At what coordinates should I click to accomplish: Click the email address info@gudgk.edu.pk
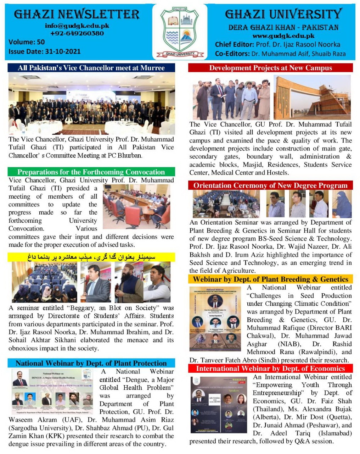(77, 26)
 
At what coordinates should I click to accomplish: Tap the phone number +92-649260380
(77, 33)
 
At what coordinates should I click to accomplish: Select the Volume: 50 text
(27, 42)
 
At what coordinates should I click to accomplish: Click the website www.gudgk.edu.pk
(283, 36)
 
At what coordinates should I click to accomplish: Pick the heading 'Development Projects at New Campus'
(270, 68)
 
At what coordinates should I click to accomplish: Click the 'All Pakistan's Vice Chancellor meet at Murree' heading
(91, 68)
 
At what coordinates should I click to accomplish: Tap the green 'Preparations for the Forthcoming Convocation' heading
(91, 172)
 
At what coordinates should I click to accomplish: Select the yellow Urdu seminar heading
(91, 257)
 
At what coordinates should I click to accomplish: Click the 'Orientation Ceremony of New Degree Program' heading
(270, 185)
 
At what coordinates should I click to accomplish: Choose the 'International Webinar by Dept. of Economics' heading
(270, 369)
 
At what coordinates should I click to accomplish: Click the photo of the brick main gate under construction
(312, 98)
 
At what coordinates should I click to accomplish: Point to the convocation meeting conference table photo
(136, 206)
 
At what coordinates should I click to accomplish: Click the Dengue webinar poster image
(52, 391)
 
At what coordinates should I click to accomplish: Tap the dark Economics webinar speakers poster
(219, 405)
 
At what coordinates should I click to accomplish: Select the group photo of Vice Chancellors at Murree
(91, 104)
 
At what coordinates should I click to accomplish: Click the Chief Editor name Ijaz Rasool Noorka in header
(298, 44)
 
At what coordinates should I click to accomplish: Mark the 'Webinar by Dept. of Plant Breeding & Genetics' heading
(270, 279)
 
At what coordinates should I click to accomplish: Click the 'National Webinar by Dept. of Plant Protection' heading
(91, 363)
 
